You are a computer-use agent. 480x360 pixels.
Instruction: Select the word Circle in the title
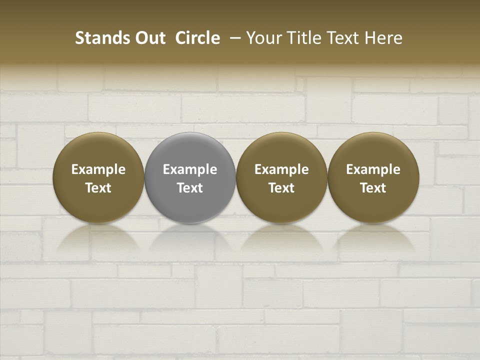click(197, 38)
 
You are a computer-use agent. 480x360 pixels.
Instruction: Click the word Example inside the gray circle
click(190, 169)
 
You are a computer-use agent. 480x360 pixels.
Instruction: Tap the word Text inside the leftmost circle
click(98, 188)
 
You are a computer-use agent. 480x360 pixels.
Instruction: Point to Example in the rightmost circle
click(373, 169)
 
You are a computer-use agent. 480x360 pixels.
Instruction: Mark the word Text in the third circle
click(281, 188)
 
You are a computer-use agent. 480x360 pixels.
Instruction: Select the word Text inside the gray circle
click(190, 188)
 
